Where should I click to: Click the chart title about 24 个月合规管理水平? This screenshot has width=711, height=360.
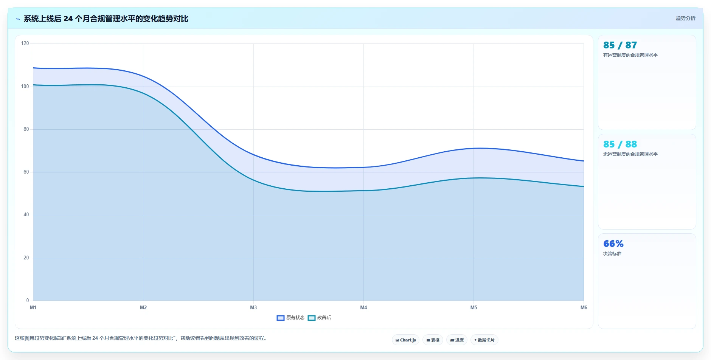(106, 19)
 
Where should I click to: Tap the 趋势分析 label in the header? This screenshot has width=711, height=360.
(685, 18)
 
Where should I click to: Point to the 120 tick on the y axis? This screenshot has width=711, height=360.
(25, 43)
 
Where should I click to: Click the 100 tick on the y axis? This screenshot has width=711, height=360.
(25, 87)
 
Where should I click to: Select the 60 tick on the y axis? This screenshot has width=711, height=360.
(26, 172)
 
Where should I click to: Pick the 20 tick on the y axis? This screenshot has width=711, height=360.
(26, 258)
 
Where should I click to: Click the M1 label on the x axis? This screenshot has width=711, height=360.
(33, 308)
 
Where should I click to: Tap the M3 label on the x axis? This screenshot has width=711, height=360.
(253, 308)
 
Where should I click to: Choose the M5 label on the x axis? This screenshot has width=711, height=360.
(474, 308)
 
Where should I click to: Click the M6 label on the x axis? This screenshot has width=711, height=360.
(584, 308)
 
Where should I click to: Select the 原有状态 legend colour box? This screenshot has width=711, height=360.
(281, 318)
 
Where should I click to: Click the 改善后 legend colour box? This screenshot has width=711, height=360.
(312, 318)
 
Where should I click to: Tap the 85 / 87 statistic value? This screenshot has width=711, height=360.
(620, 45)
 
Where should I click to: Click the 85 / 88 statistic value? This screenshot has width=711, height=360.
(620, 144)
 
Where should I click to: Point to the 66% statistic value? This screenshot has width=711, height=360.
(613, 244)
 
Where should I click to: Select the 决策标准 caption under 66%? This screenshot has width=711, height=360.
(612, 254)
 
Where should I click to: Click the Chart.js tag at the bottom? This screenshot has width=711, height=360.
(406, 340)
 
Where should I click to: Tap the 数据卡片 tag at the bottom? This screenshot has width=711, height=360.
(484, 340)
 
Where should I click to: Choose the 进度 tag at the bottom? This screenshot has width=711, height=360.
(457, 340)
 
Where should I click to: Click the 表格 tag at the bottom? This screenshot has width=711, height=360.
(433, 340)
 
